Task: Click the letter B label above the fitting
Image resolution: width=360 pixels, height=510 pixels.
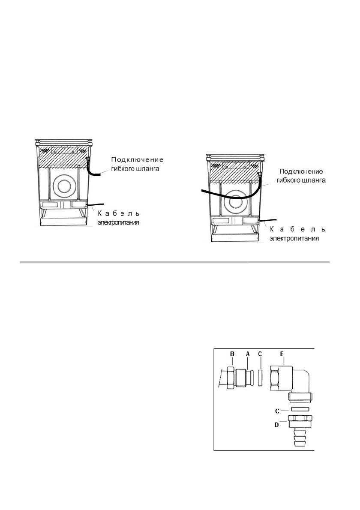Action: pos(232,354)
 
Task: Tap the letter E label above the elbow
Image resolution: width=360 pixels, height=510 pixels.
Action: pos(281,354)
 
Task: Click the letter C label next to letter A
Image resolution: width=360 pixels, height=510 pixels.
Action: pos(261,354)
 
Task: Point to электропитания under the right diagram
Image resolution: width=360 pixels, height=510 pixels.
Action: pos(294,239)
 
